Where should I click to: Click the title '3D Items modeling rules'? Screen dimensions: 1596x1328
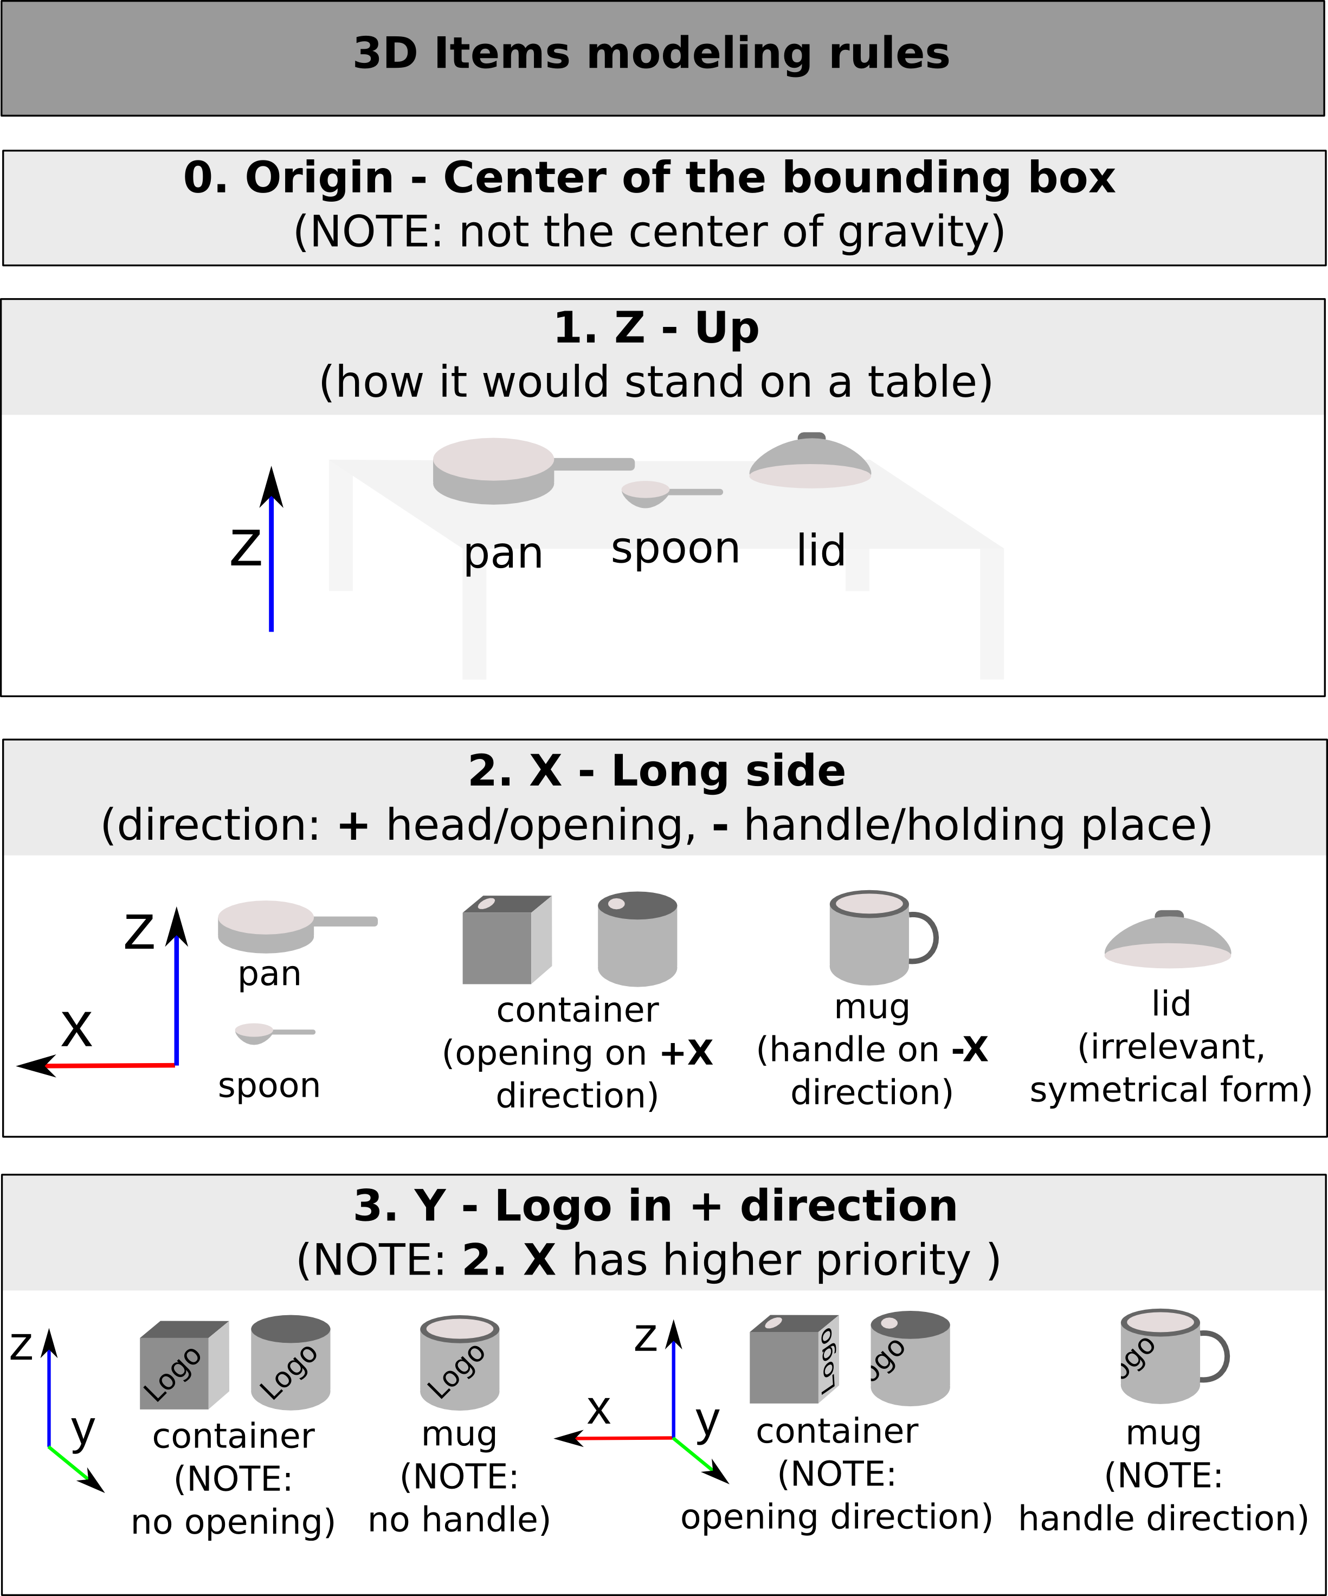[x=651, y=54]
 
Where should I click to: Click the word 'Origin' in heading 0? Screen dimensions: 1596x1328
[x=319, y=178]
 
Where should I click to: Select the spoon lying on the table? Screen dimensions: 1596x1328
[x=646, y=492]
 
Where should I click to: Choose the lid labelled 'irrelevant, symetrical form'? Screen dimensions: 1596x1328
[x=1168, y=942]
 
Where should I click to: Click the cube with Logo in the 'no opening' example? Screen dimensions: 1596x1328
[x=182, y=1366]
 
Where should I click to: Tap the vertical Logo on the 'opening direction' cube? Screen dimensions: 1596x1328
[x=829, y=1356]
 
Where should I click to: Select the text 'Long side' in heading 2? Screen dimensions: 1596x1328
[x=728, y=771]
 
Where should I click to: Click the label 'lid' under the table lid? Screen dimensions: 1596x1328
[x=821, y=550]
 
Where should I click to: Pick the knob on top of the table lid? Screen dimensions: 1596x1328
[x=811, y=436]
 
